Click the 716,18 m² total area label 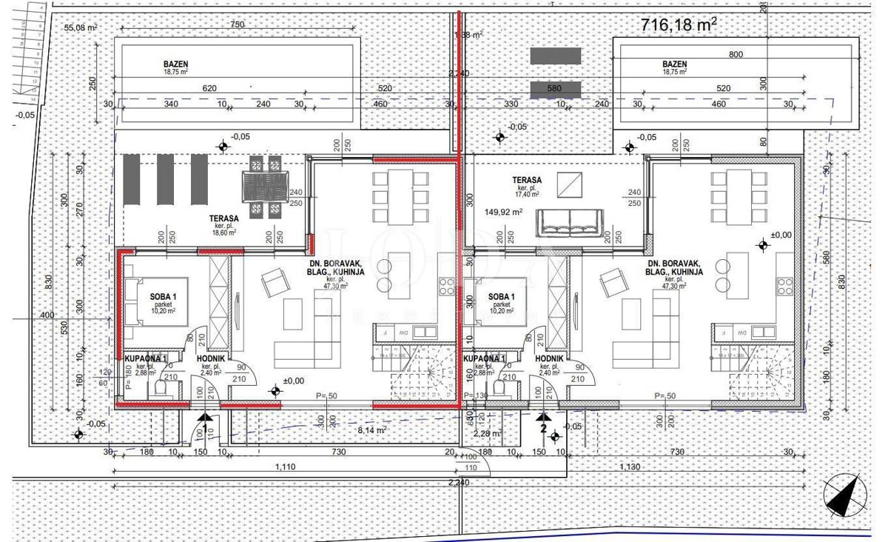(678, 24)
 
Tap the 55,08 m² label (81, 27)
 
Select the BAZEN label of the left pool (176, 64)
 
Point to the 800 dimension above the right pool (736, 54)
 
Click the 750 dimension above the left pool (237, 24)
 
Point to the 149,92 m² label (504, 212)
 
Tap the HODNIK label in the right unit (549, 358)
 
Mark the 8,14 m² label (371, 429)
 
